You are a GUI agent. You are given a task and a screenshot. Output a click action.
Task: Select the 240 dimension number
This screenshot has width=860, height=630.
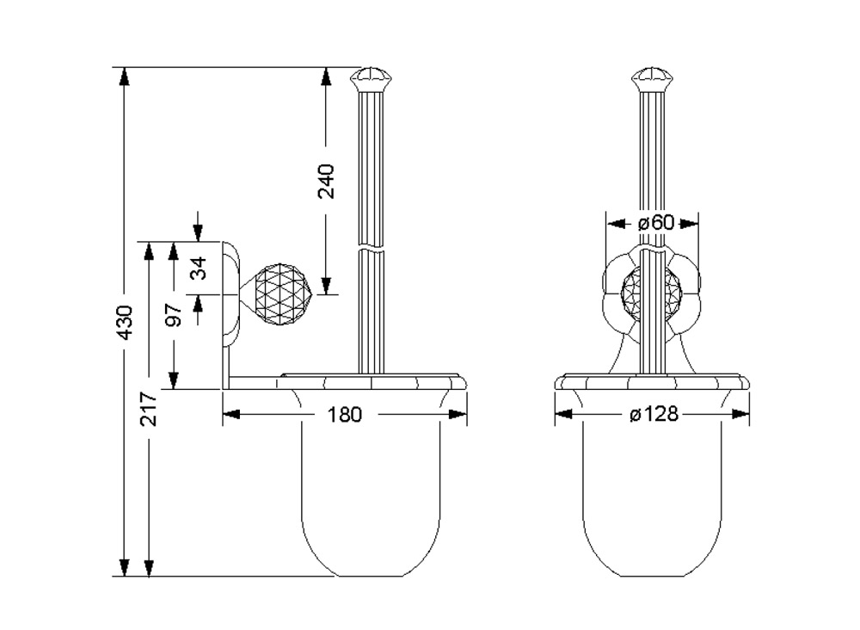click(x=326, y=180)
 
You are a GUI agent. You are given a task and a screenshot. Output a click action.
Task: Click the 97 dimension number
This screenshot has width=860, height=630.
click(x=174, y=315)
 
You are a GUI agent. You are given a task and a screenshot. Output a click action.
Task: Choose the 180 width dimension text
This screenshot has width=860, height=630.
click(x=345, y=415)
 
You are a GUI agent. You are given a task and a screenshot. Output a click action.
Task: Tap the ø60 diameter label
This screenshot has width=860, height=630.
click(x=654, y=222)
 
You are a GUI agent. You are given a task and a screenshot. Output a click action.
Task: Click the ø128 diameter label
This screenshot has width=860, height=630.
click(x=654, y=415)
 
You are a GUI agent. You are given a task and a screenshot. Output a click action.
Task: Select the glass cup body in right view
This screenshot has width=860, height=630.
click(x=653, y=491)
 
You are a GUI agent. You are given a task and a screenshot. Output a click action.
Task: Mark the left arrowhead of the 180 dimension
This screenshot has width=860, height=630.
click(x=230, y=415)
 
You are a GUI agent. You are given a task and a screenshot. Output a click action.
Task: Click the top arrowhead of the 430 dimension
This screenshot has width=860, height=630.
click(x=124, y=76)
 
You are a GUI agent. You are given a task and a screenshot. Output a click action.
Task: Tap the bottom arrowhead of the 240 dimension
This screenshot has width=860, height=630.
click(x=326, y=287)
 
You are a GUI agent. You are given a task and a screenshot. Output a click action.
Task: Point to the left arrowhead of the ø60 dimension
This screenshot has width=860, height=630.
click(x=613, y=222)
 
